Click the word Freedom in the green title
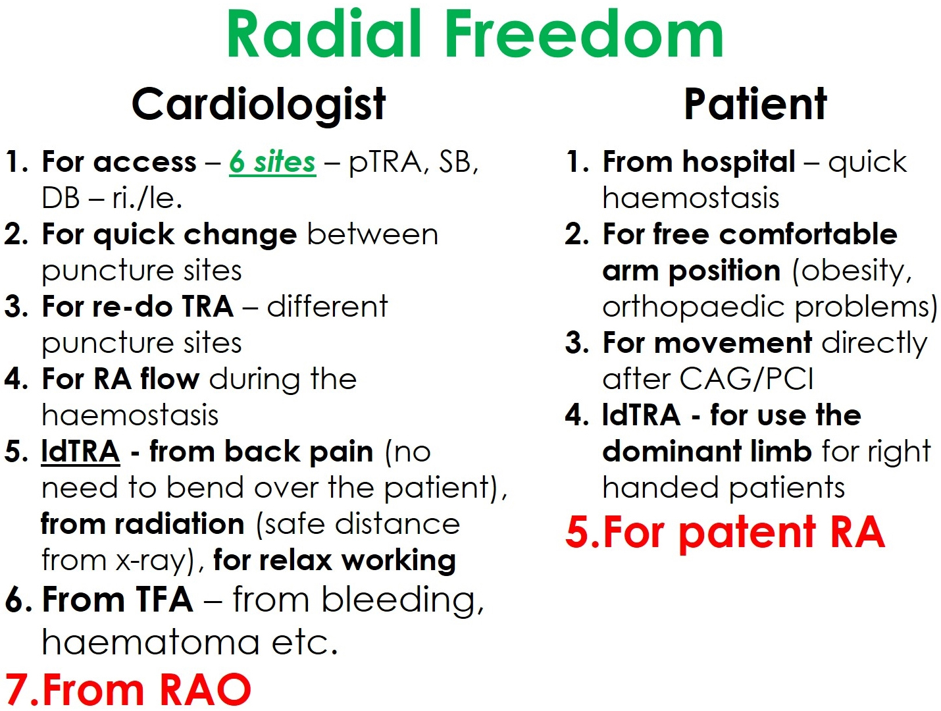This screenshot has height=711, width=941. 584,34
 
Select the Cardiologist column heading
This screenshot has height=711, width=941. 259,105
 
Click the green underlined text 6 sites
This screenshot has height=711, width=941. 272,163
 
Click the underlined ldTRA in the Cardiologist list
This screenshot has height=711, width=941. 80,452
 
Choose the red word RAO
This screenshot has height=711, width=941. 199,689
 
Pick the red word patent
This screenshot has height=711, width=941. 748,534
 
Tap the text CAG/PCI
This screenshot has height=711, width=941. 746,379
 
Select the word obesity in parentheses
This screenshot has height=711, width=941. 852,271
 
